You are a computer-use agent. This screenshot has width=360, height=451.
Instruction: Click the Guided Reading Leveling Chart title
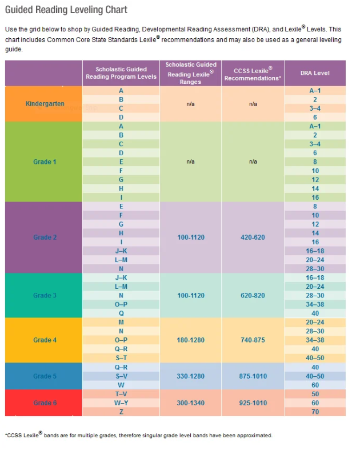(66, 10)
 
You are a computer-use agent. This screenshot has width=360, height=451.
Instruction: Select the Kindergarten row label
(45, 104)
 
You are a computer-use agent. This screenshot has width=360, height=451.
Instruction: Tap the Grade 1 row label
(45, 162)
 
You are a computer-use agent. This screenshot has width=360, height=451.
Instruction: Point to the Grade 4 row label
(45, 340)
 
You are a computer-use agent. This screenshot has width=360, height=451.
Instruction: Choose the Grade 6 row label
(45, 403)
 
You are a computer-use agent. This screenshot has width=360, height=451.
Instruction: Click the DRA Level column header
(314, 73)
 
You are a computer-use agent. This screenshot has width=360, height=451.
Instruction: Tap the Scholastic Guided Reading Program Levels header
(121, 73)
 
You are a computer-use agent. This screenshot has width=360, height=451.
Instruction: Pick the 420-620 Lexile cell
(253, 237)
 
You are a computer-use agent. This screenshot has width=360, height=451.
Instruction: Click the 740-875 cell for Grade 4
(253, 340)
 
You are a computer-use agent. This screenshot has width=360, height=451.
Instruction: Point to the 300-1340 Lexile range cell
(190, 403)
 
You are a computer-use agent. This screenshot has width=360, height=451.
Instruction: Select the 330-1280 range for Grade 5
(190, 376)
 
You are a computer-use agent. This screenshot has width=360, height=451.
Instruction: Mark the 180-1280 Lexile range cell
(190, 340)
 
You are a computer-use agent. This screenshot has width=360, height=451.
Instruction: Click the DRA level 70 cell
(315, 412)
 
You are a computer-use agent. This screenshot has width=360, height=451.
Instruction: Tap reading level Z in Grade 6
(121, 412)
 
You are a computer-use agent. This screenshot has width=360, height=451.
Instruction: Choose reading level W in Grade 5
(121, 385)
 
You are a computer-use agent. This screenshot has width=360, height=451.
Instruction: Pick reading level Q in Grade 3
(121, 313)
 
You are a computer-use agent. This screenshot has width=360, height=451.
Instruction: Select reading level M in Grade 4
(121, 322)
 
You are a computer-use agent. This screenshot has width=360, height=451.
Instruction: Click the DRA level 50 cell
(315, 394)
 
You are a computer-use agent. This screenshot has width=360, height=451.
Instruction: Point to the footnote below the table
(139, 435)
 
